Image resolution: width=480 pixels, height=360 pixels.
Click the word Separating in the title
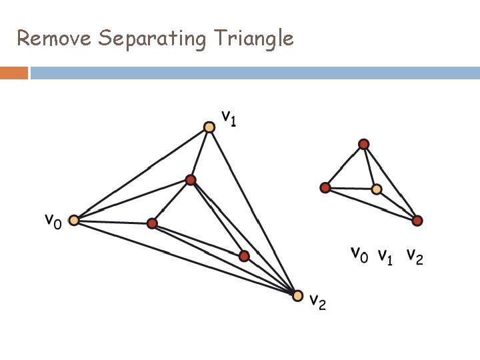coord(152,39)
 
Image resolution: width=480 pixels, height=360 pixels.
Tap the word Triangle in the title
coord(253,39)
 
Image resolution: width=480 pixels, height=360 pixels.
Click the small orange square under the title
coord(14,73)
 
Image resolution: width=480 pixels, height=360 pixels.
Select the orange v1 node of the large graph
coord(209,127)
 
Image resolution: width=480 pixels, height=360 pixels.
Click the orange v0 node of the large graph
coord(74,220)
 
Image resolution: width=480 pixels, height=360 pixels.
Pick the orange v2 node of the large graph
coord(298,295)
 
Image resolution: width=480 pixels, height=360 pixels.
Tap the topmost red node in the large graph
coord(191,180)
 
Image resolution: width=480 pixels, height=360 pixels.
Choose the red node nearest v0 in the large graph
coord(152,223)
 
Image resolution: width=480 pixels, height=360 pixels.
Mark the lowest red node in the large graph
coord(244,255)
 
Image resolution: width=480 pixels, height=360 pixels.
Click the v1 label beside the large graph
coord(229,119)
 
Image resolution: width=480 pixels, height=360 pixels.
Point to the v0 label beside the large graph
coord(53,220)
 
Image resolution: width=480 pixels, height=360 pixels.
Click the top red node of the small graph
coord(363,143)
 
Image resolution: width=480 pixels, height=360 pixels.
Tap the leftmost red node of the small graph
coord(325,188)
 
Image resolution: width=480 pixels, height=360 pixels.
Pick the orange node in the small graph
coord(377,189)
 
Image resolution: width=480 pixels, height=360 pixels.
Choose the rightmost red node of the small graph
coord(417,220)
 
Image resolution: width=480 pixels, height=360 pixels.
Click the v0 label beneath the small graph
coord(359,254)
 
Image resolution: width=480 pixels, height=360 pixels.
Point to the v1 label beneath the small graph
coord(385,255)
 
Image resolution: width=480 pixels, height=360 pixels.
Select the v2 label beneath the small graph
coord(414,256)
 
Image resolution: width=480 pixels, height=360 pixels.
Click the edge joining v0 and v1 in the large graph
coord(141,173)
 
